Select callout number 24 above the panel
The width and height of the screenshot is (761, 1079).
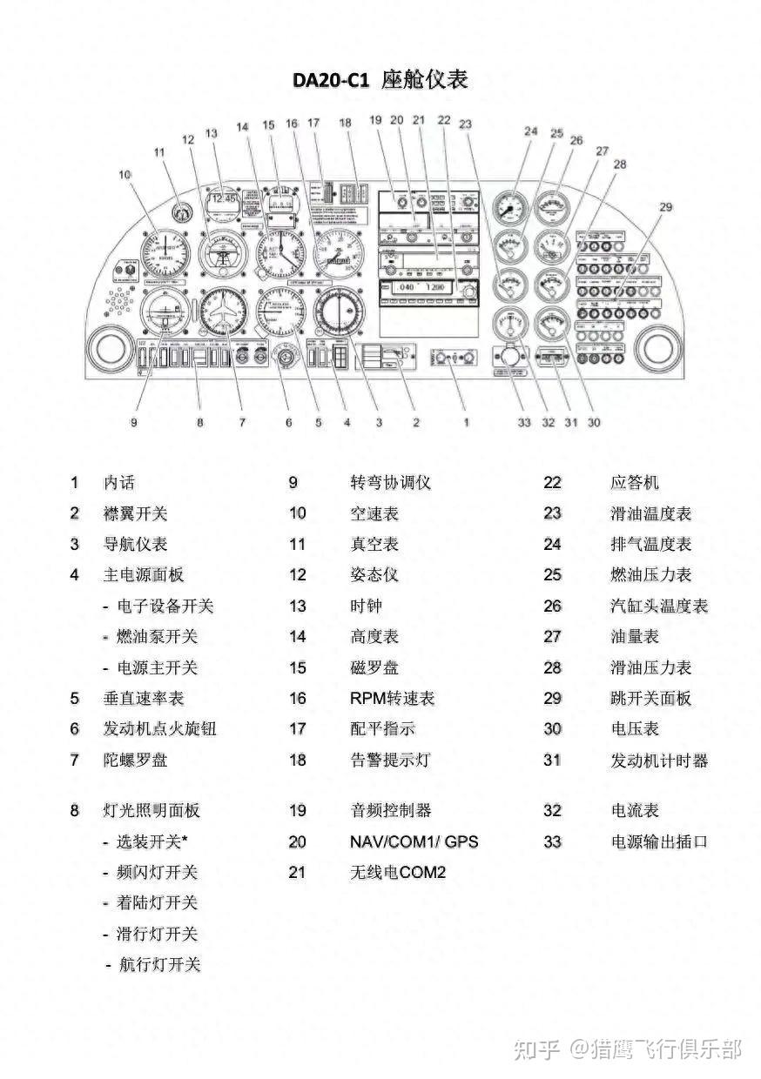(x=531, y=131)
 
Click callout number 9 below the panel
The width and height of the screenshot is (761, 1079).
(x=134, y=423)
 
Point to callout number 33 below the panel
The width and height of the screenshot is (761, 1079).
(x=524, y=423)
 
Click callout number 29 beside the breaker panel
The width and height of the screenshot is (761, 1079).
(x=665, y=206)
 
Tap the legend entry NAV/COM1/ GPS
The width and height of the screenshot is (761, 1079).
(x=414, y=841)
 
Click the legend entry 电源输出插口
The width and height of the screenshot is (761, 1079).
(x=659, y=841)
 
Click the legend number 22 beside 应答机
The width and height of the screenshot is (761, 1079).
(x=552, y=483)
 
